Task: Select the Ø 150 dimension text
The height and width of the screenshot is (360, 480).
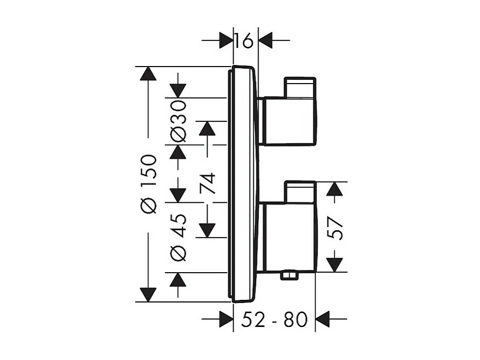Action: point(150,184)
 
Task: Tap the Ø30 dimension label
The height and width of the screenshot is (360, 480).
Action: point(179,121)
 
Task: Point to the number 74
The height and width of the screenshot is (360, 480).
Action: point(207,184)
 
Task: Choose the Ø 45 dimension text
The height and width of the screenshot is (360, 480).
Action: point(179,238)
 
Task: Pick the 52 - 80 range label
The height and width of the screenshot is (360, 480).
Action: point(274,320)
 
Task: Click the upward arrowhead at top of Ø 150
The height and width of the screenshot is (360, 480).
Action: point(148,73)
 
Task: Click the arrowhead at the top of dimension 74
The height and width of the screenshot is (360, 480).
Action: point(206,128)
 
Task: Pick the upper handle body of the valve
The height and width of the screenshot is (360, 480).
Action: point(287,121)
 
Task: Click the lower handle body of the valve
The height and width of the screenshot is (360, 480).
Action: point(287,237)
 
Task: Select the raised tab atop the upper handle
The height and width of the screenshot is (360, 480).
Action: point(300,87)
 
